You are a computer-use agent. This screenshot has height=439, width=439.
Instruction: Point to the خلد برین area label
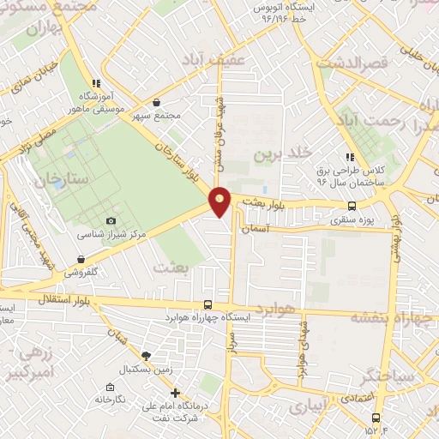click(x=278, y=154)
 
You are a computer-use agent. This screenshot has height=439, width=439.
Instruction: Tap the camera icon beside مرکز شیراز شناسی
click(x=111, y=221)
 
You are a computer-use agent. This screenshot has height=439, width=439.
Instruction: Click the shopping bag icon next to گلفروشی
click(x=81, y=259)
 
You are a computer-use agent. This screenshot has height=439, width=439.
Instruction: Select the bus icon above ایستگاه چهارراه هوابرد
click(x=208, y=304)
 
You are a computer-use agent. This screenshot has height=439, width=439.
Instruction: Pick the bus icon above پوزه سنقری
click(x=352, y=206)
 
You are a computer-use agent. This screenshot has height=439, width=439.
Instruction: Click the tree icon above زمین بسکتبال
click(x=146, y=354)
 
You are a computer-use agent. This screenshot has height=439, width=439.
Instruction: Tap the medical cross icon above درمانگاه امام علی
click(x=175, y=393)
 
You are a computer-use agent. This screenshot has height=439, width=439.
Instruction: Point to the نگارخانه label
click(x=111, y=400)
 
